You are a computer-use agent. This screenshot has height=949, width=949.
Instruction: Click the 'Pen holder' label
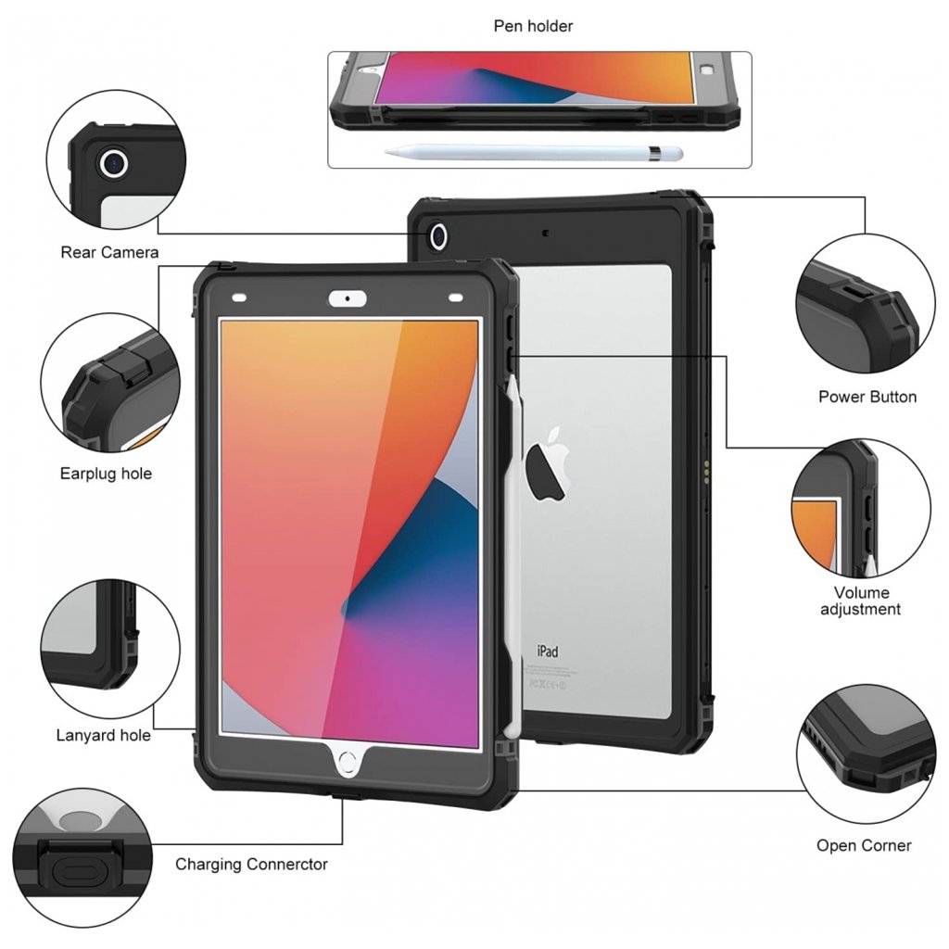pos(533,26)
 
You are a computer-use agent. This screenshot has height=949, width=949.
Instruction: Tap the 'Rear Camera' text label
pos(109,252)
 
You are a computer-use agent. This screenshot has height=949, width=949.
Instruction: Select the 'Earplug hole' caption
pos(106,474)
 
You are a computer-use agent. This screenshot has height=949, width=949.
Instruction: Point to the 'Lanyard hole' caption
pos(103,736)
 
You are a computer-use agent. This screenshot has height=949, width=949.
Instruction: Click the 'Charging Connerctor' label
pos(251,865)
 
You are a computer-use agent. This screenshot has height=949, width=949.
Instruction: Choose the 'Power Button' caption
pos(867,397)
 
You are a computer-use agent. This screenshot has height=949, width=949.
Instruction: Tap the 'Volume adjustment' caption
pos(861,601)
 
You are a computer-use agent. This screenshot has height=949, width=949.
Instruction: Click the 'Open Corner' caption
pos(864,845)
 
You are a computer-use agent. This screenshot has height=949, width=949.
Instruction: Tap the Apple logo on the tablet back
pos(547,462)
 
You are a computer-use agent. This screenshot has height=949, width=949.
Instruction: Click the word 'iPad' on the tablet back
pos(548,651)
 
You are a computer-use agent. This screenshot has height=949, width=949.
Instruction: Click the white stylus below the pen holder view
pos(534,152)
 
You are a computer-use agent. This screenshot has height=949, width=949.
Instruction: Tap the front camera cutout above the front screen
pos(348,298)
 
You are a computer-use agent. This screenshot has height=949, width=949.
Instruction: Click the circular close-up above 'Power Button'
pos(864,305)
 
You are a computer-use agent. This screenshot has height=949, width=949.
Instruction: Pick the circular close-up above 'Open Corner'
pos(864,753)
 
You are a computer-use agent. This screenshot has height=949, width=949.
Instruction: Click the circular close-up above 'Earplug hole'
pos(109,382)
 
